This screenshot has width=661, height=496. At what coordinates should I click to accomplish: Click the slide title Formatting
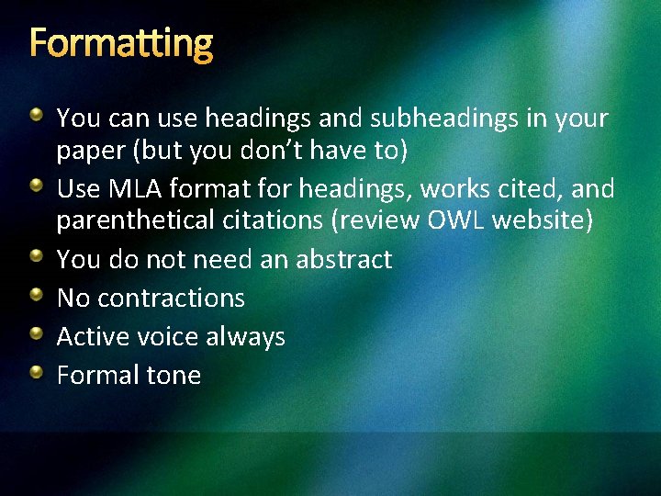[x=121, y=42]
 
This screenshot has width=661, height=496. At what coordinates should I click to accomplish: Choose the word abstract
[x=343, y=260]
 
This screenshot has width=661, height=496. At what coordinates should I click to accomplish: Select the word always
[x=245, y=337]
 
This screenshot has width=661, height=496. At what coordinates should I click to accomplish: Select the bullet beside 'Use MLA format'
[x=36, y=186]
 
